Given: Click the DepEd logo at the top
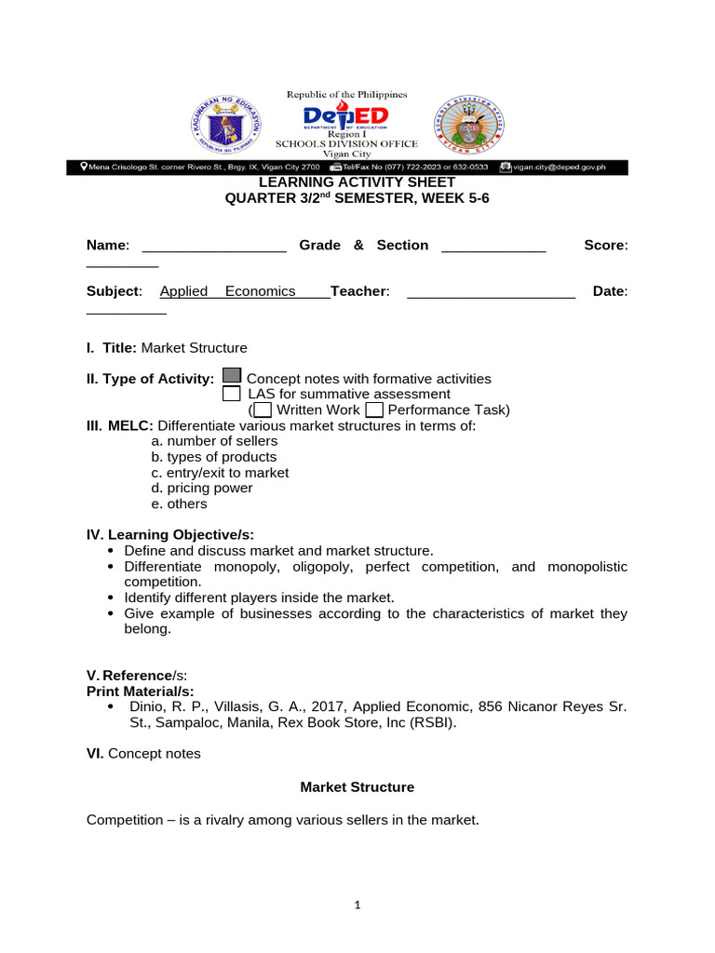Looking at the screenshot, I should point(346,118).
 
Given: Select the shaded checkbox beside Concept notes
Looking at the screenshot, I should point(232,377).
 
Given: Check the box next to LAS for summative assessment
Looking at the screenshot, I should point(232,394).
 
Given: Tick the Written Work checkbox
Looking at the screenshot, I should point(263,409).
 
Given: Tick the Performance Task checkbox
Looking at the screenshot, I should point(374,409).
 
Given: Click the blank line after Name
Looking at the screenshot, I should point(214,248).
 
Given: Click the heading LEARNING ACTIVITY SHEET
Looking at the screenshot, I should point(357,182).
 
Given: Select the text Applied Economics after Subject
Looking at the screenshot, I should point(228,291).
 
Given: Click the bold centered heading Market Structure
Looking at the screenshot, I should point(357,787).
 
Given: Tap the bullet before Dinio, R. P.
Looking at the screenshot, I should point(112,707).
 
